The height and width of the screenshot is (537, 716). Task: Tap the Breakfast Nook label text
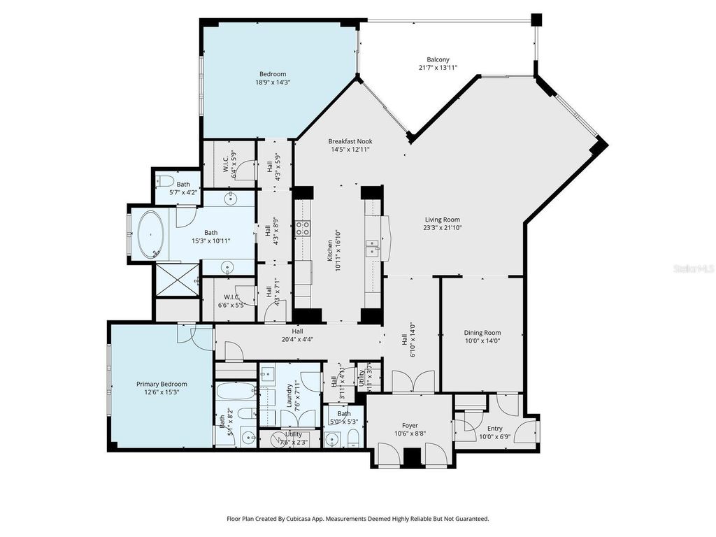pos(350,141)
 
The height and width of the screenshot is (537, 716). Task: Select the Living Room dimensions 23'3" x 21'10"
pos(442,227)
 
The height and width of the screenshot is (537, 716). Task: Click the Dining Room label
pos(482,333)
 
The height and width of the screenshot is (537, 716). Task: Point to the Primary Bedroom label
pos(162,384)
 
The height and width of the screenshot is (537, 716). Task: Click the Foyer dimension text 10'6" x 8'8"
pos(409,434)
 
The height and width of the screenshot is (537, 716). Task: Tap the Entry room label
pos(495,429)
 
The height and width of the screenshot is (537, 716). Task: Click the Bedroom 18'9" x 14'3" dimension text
pos(273,83)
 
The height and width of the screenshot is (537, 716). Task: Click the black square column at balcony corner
pos(536,20)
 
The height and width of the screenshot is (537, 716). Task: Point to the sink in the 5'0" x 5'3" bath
pos(333,439)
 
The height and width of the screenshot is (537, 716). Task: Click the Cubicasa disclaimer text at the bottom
pos(357,519)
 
